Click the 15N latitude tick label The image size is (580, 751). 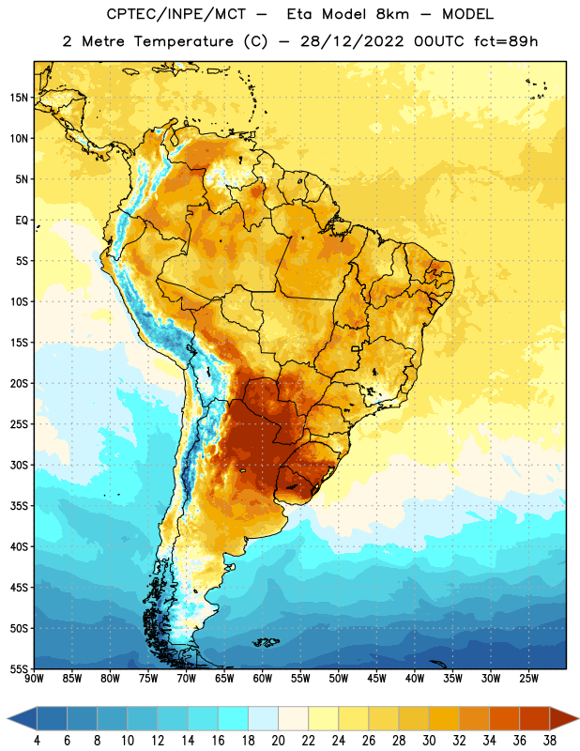click(x=19, y=98)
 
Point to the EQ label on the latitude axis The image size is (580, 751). click(x=22, y=221)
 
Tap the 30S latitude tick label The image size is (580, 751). click(x=19, y=465)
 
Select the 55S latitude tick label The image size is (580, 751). click(x=19, y=668)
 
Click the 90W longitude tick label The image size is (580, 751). click(x=34, y=679)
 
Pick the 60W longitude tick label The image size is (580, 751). click(x=263, y=679)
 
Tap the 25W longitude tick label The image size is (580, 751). click(x=528, y=679)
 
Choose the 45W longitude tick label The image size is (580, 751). click(x=376, y=679)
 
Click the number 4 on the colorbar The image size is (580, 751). click(x=37, y=741)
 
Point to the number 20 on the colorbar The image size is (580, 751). click(x=278, y=741)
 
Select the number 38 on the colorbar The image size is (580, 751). click(x=549, y=741)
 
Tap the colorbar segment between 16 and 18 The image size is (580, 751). click(x=234, y=719)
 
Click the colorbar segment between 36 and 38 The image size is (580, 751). click(x=535, y=719)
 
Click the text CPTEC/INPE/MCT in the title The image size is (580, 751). click(x=176, y=14)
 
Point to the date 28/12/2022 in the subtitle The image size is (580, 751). click(x=352, y=41)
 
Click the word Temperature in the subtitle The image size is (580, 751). click(x=183, y=41)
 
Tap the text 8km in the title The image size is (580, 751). click(x=392, y=14)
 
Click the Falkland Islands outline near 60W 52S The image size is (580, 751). click(x=267, y=642)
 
